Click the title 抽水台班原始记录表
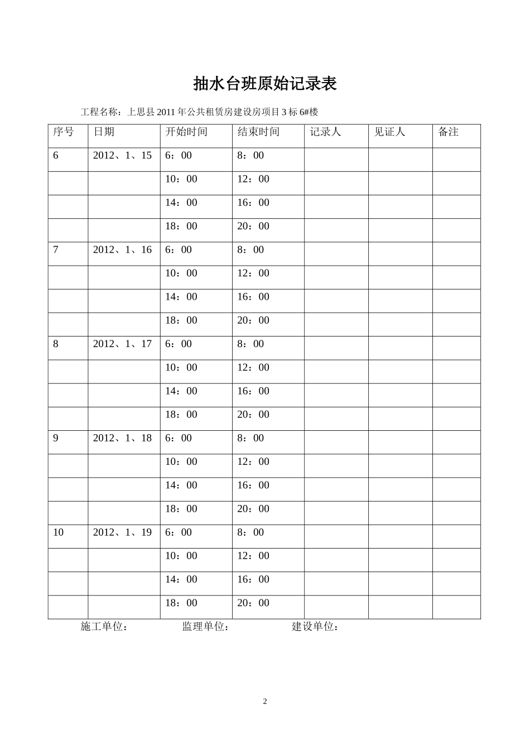pos(264,84)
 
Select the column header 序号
pos(63,132)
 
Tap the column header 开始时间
pos(186,132)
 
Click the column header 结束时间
pos(258,132)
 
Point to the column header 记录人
pos(325,132)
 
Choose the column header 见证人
pos(389,132)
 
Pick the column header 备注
pos(449,132)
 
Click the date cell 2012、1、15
pos(122,155)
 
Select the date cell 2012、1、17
pos(122,344)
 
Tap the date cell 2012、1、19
pos(122,532)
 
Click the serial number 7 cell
pos(56,249)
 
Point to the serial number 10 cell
pos(59,532)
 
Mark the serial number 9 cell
pos(56,438)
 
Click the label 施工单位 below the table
pos(104,627)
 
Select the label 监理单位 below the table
pos(205,627)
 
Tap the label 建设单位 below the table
pos(315,627)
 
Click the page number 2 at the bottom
pos(265,701)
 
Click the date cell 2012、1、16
pos(122,249)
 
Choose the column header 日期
pos(104,132)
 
